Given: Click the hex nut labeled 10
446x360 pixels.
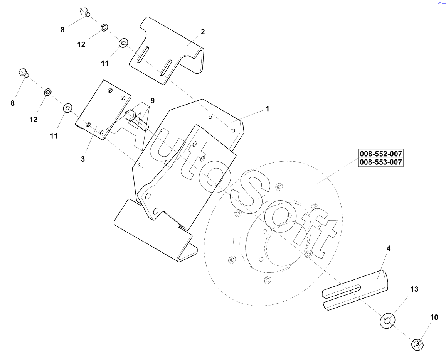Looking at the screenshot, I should (417, 344).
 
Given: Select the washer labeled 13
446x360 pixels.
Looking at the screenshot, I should (387, 321).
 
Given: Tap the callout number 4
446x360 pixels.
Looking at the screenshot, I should (389, 249).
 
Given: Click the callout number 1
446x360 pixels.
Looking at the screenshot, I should (267, 109).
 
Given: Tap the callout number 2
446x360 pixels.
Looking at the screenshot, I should (202, 32).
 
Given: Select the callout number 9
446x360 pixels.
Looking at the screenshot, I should (153, 101).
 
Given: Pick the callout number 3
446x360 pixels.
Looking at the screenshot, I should (82, 159).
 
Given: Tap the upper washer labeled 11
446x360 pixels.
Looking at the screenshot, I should (123, 42).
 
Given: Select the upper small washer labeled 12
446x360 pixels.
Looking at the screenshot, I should (104, 28).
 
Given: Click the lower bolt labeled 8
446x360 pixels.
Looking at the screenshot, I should (24, 73).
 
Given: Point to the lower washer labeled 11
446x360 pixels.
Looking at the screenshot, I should (67, 107).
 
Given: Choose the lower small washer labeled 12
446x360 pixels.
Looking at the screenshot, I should (48, 92).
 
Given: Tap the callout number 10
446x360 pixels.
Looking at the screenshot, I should (434, 318).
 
